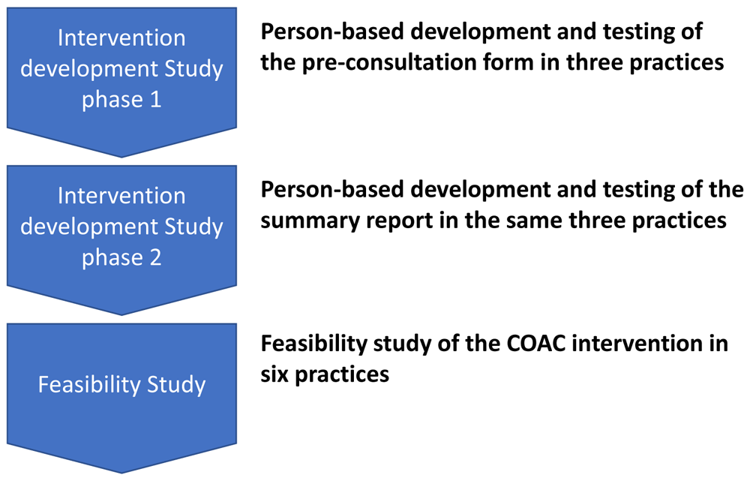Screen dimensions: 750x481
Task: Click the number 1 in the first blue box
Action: [155, 100]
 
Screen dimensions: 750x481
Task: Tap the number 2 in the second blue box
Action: [155, 257]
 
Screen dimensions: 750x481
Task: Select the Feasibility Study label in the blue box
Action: [122, 385]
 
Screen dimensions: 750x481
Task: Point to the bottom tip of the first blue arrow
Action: [121, 157]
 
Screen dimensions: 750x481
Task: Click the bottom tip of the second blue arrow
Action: [121, 315]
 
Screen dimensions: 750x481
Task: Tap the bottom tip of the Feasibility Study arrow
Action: [121, 473]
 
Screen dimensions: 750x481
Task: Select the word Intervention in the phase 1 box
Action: [121, 38]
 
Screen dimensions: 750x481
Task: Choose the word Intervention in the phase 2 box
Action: [121, 196]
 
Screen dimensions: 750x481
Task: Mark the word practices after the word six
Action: [342, 374]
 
